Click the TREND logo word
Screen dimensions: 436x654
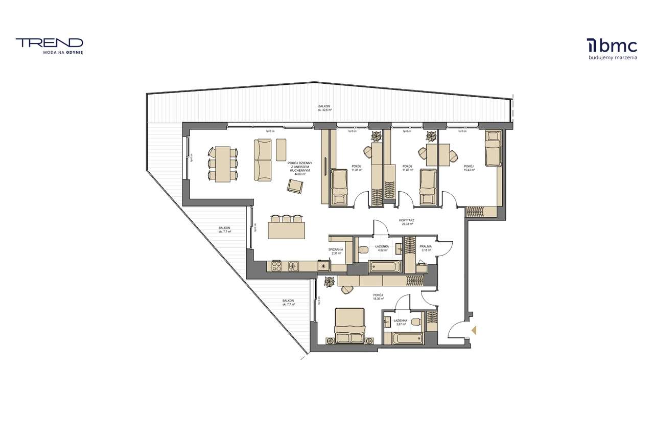pos(49,43)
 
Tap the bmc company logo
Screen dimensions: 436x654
pos(612,46)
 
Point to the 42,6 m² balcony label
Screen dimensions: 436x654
pos(325,108)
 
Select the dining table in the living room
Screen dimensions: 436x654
pos(223,164)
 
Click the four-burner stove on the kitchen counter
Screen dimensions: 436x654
pos(276,265)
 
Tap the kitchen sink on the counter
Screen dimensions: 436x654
pos(293,265)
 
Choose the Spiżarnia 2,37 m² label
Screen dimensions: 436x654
pos(336,251)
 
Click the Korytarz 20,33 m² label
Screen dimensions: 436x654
pos(407,222)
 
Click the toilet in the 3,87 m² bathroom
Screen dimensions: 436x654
pos(415,322)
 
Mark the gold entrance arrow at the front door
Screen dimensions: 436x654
pos(474,331)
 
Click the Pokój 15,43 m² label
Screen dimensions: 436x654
pos(469,168)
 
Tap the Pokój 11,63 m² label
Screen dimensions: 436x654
pos(407,168)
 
